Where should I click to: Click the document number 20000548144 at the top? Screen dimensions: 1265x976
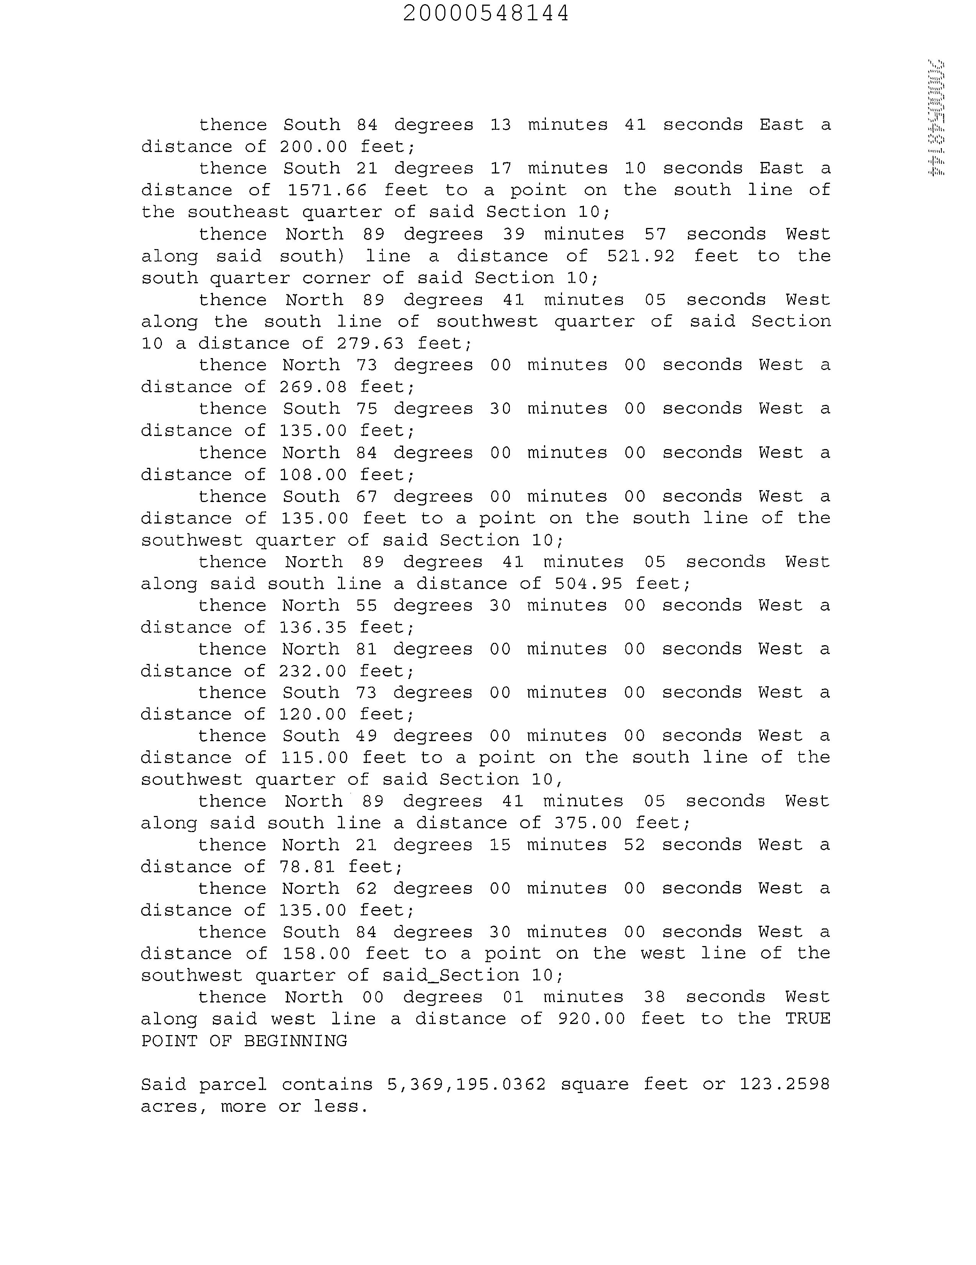486,13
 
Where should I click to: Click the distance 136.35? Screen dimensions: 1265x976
313,627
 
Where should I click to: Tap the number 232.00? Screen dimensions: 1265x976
313,671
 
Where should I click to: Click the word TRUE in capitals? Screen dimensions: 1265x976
808,1019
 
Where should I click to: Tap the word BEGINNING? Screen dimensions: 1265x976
295,1041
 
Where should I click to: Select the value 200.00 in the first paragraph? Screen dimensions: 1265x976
313,147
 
